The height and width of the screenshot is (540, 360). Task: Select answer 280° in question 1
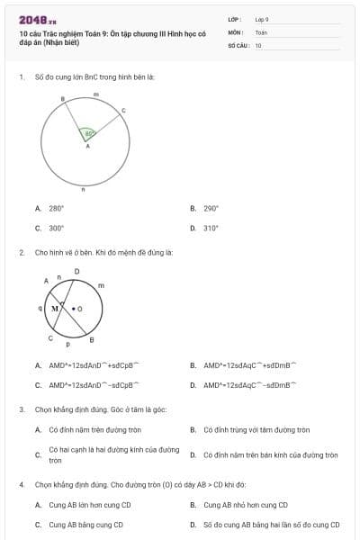pos(56,208)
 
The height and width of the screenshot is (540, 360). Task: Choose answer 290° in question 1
pos(211,208)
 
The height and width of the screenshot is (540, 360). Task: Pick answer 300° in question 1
pos(56,228)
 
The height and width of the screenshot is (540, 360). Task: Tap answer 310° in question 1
pos(211,228)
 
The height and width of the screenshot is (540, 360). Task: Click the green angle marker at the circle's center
pos(88,133)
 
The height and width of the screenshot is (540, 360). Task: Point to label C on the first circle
pos(122,110)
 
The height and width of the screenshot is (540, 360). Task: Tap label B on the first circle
pos(62,98)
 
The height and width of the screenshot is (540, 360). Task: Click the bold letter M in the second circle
pos(55,308)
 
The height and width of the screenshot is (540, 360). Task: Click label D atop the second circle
pos(76,271)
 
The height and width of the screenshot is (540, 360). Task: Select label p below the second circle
pos(67,346)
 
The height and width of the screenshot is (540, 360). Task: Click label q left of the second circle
pos(40,307)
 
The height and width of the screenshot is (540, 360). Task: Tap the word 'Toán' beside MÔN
pos(261,31)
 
